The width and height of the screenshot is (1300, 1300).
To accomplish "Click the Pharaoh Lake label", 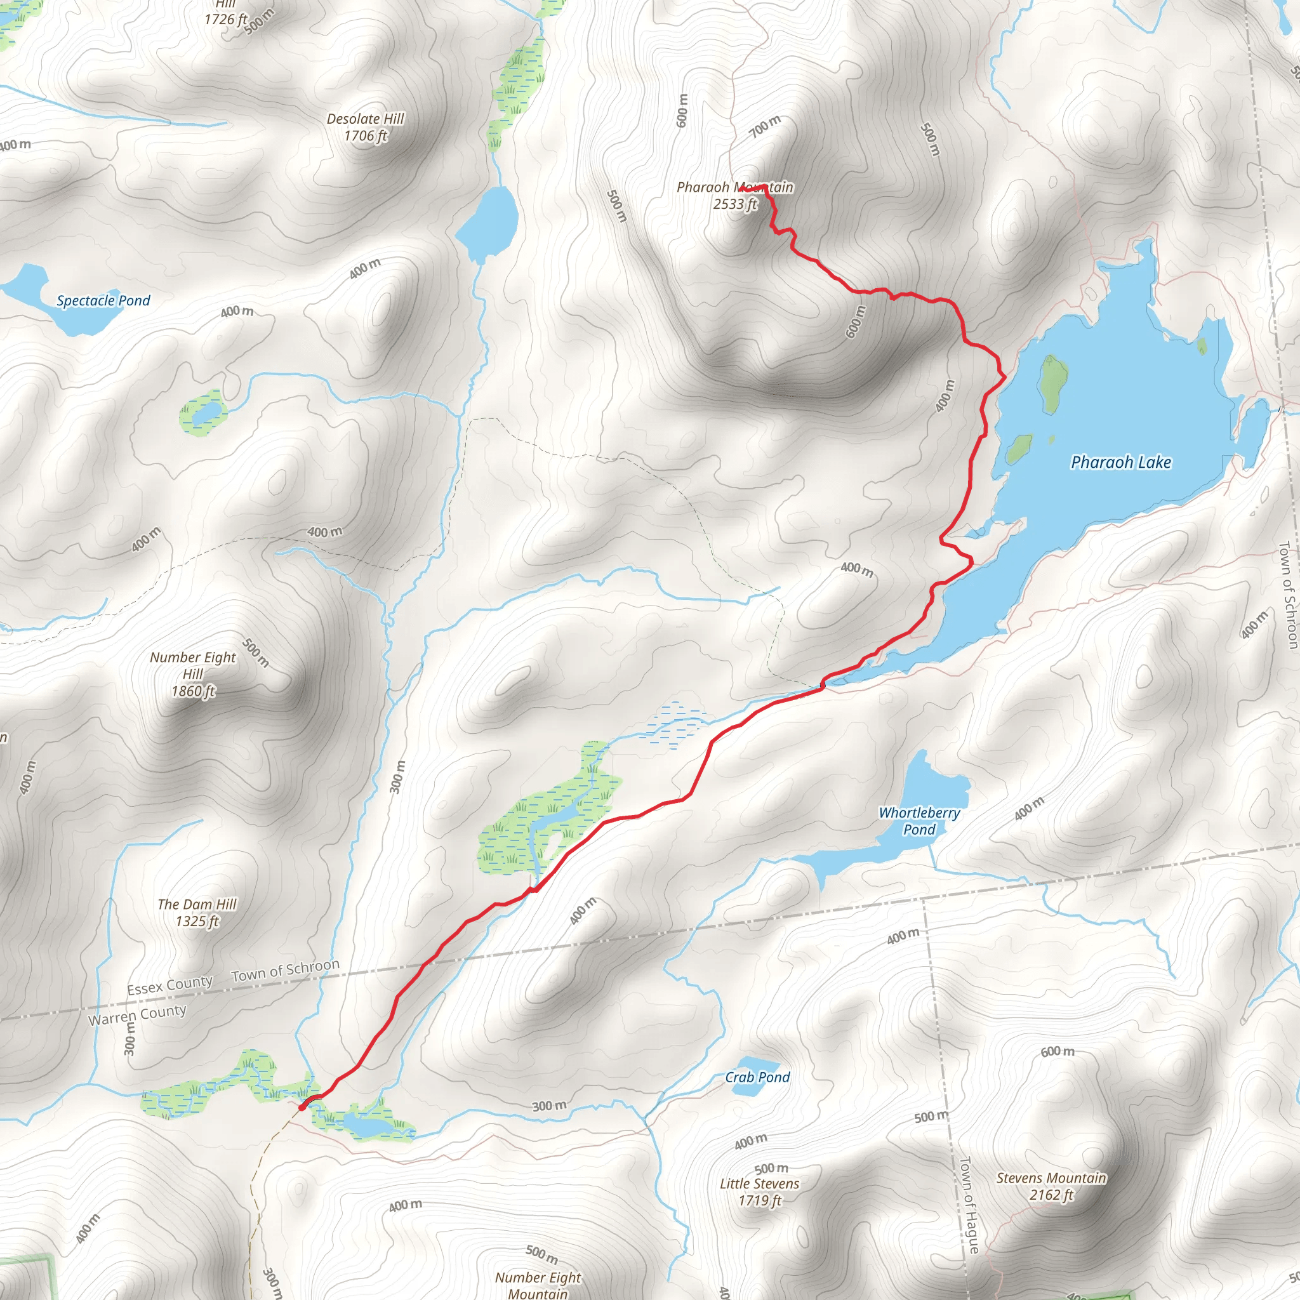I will pyautogui.click(x=1121, y=462).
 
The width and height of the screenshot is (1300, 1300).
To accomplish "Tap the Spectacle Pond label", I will pyautogui.click(x=103, y=301).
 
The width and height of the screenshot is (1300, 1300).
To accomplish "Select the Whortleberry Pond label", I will pyautogui.click(x=919, y=821).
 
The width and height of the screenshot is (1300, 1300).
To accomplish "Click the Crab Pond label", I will pyautogui.click(x=757, y=1077).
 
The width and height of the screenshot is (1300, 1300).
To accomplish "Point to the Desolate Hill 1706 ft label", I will pyautogui.click(x=366, y=127).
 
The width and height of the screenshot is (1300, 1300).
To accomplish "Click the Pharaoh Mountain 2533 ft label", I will pyautogui.click(x=735, y=196).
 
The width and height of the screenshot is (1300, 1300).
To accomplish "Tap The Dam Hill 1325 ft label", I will pyautogui.click(x=197, y=912).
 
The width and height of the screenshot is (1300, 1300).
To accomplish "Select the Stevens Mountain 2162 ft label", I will pyautogui.click(x=1051, y=1186).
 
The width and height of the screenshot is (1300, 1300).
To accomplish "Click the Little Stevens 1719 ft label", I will pyautogui.click(x=760, y=1191).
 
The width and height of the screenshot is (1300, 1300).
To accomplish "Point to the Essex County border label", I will pyautogui.click(x=169, y=985).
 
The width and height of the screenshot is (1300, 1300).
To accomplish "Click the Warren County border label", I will pyautogui.click(x=137, y=1015).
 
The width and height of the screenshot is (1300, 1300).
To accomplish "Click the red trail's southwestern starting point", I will pyautogui.click(x=302, y=1106).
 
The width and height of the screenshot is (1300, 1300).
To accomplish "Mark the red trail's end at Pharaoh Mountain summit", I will pyautogui.click(x=741, y=190).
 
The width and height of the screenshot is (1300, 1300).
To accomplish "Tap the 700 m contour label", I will pyautogui.click(x=765, y=125).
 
